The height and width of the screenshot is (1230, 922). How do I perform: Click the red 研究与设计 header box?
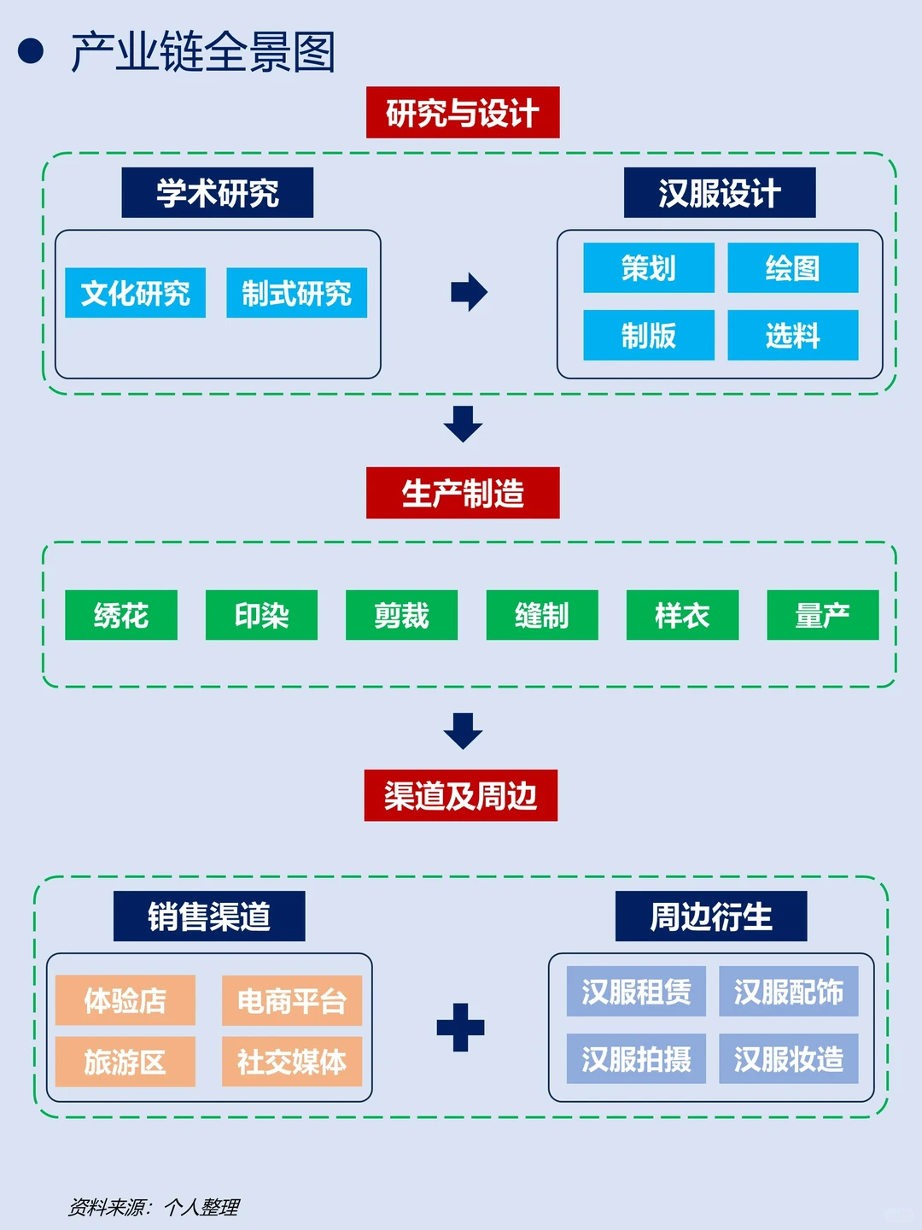click(x=463, y=112)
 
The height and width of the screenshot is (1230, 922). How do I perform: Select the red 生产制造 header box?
click(x=463, y=493)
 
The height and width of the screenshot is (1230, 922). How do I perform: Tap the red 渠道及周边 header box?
click(x=461, y=795)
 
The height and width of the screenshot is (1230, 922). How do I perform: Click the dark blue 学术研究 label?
click(x=217, y=193)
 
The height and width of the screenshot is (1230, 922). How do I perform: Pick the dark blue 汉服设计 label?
click(x=720, y=193)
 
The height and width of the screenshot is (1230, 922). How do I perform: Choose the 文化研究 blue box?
click(x=136, y=293)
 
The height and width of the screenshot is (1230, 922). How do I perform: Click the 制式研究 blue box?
click(x=296, y=293)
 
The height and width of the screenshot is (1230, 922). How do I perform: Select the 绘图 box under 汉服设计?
click(x=792, y=268)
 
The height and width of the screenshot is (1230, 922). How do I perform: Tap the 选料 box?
click(x=792, y=335)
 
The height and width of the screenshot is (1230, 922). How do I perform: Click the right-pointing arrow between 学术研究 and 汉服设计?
click(x=469, y=292)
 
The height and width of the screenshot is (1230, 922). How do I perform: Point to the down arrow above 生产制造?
click(x=463, y=424)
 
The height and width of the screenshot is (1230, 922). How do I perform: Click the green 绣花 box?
click(x=121, y=615)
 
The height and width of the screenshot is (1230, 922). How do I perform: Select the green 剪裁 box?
click(x=401, y=615)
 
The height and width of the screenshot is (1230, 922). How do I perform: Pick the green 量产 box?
click(x=822, y=615)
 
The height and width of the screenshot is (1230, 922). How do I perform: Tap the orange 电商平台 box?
click(x=292, y=1000)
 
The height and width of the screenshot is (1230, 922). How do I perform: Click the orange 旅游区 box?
click(x=125, y=1062)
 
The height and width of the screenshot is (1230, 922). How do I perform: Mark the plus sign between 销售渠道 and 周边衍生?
click(x=460, y=1027)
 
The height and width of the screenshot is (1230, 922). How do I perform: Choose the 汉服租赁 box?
click(x=636, y=992)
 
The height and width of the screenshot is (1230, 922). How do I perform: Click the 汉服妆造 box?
click(x=788, y=1059)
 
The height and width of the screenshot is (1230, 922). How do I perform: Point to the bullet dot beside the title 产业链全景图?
click(x=31, y=51)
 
